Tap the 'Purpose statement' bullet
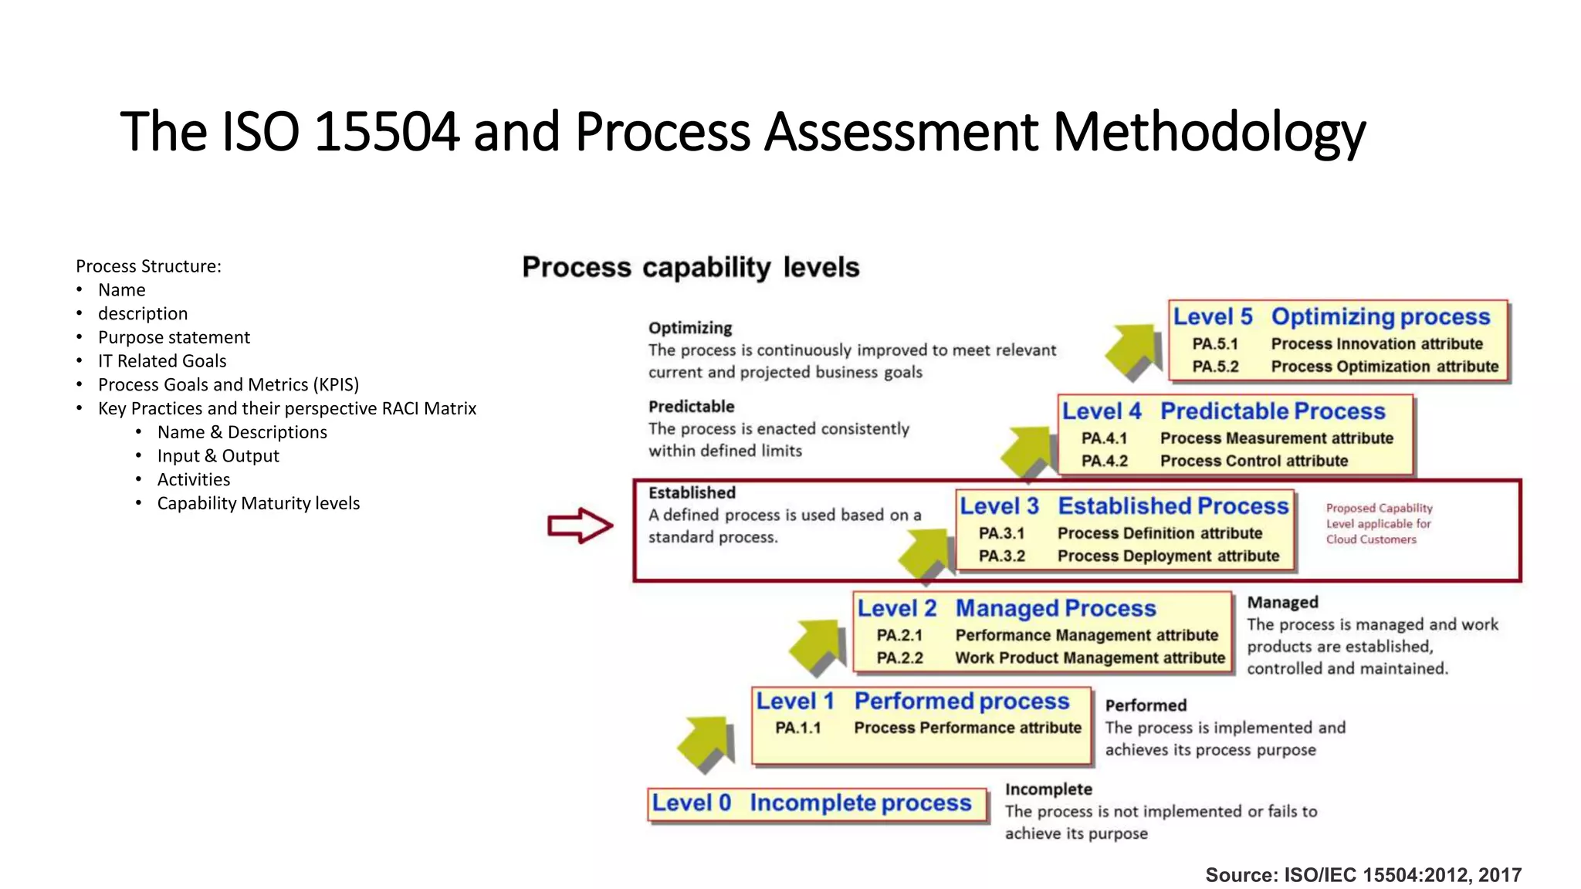174,337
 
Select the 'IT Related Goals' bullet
162,361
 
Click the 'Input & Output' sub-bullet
218,456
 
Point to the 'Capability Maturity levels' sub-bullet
259,503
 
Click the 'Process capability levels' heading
690,267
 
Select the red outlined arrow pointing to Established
580,526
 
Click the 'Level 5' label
1213,317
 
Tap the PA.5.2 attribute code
1215,367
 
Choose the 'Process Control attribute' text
1254,461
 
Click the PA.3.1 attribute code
1001,533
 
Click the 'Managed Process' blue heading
1055,608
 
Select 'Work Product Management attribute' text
1090,658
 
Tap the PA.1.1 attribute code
798,728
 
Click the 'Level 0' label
691,803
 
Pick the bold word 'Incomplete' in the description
1048,789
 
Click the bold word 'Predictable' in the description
691,407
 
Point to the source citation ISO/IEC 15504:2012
1363,875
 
